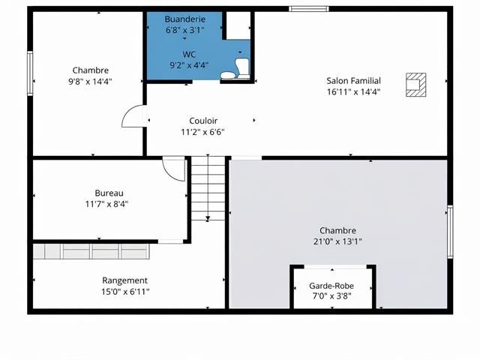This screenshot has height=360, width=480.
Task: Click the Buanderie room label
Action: (184, 19)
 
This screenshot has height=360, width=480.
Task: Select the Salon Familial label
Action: (353, 81)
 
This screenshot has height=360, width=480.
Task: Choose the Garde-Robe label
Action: (331, 286)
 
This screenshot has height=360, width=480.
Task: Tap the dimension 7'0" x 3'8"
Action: (331, 295)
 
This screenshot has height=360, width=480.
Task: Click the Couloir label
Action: (202, 120)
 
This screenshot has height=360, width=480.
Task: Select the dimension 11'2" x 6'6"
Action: (202, 131)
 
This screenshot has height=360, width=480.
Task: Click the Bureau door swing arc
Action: (175, 169)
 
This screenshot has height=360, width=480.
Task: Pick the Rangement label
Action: (124, 280)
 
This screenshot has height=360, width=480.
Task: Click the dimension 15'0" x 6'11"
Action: (125, 292)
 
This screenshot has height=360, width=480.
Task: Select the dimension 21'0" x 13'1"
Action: (337, 241)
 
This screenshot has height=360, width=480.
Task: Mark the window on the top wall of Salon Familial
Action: (309, 10)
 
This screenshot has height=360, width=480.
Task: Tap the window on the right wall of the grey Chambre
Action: (450, 232)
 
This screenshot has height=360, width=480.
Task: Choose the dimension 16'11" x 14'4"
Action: (353, 92)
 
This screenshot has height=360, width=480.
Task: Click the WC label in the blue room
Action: (189, 54)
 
